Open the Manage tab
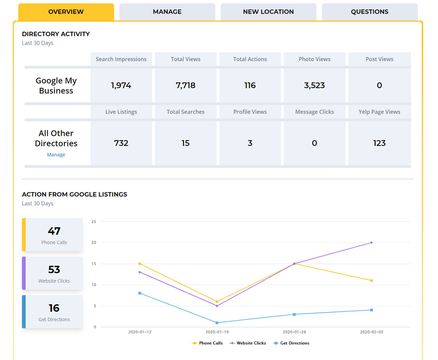(x=167, y=12)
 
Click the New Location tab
(x=268, y=12)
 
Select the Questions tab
(x=369, y=12)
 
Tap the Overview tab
(x=66, y=12)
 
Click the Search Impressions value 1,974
(x=121, y=85)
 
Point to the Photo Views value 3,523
(x=314, y=85)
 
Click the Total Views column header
(x=185, y=59)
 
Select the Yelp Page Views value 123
(x=379, y=143)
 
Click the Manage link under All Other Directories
(x=56, y=155)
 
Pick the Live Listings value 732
(x=121, y=143)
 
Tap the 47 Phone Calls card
(x=54, y=235)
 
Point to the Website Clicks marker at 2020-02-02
(x=372, y=242)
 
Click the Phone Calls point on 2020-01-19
(x=217, y=302)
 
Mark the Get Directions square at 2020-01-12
(x=140, y=293)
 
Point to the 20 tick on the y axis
(x=94, y=242)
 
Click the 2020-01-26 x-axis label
(x=294, y=332)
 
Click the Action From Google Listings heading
(x=74, y=195)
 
